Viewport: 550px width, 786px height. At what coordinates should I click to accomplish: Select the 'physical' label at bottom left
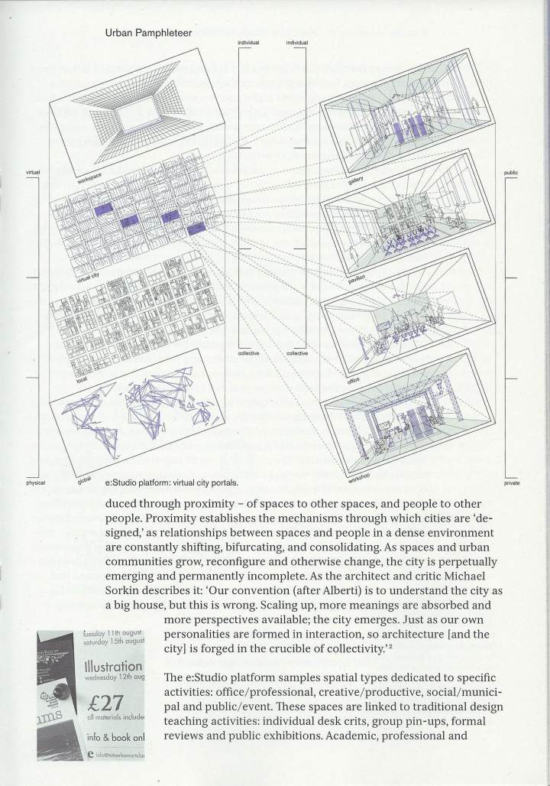35,483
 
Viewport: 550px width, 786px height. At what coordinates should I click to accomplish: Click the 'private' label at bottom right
511,483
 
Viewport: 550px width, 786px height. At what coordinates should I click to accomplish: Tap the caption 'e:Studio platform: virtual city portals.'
172,483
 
